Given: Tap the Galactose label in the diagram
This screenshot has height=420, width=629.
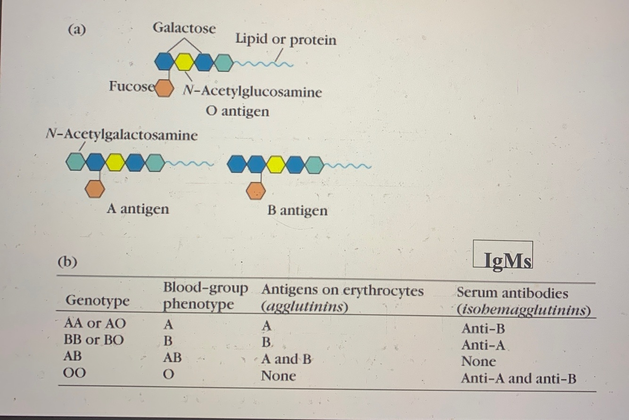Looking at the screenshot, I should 184,28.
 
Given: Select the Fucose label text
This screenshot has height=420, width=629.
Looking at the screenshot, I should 132,86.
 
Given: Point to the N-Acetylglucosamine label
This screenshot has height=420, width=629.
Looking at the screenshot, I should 252,91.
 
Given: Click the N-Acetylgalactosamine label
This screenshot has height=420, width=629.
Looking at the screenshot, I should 122,135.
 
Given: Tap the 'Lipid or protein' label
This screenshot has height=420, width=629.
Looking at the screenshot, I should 286,40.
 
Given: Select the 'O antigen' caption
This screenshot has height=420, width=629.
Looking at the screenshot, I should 238,112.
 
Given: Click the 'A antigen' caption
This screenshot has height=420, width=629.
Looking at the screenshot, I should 138,209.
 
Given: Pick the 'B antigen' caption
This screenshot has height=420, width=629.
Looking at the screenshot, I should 297,210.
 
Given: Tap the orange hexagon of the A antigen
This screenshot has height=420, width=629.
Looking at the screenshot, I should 95,189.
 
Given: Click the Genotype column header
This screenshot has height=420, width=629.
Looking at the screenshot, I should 98,300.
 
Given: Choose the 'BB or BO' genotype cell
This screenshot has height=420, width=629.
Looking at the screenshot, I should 94,340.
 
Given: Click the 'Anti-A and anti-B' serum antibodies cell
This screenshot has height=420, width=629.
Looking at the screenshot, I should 519,379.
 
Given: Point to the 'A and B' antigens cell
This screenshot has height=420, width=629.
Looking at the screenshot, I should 287,360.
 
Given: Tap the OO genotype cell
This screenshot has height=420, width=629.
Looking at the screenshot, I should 74,374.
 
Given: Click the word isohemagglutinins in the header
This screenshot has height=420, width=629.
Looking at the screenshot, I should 524,311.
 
